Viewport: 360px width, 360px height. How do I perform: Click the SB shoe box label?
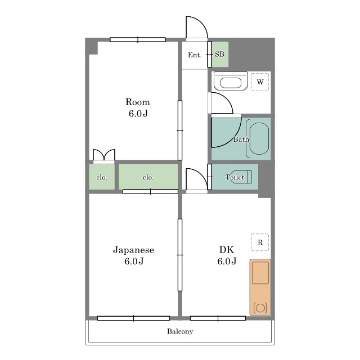[219, 55]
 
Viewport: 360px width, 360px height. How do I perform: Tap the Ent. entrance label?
[195, 55]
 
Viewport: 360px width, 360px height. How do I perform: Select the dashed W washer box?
[260, 82]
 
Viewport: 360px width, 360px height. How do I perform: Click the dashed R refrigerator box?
[260, 242]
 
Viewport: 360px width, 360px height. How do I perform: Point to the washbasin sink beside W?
[231, 81]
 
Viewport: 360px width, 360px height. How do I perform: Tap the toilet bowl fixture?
[241, 177]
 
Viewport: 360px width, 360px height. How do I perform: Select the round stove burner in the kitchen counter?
[260, 308]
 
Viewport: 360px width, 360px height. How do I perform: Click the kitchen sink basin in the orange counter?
[260, 273]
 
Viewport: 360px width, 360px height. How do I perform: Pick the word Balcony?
[180, 331]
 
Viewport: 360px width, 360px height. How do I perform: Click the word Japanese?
[133, 250]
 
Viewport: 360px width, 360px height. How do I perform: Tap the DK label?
[227, 250]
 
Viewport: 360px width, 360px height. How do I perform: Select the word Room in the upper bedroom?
[137, 102]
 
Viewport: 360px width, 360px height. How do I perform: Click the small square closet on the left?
[102, 177]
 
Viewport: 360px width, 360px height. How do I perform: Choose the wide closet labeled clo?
[148, 177]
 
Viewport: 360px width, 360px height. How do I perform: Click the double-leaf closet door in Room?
[103, 156]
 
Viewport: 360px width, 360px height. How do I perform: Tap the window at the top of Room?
[138, 40]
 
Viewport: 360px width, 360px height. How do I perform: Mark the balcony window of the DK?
[218, 318]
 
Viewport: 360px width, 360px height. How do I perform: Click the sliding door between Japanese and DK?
[180, 255]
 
